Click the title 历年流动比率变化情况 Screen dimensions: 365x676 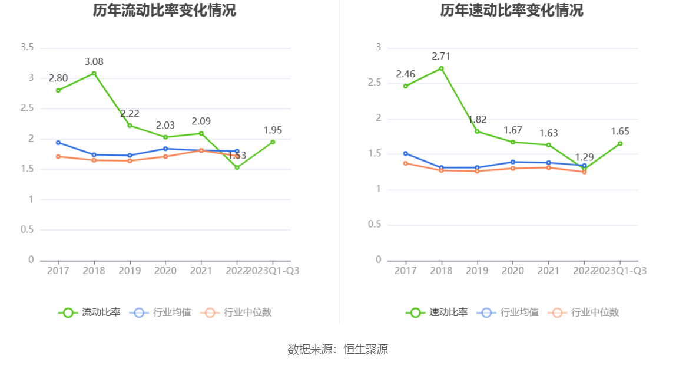pos(164,11)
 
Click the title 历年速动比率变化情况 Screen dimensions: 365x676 pos(512,11)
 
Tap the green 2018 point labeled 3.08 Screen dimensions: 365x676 pos(94,73)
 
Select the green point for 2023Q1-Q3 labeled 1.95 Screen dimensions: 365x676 pos(273,142)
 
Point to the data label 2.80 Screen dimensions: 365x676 pos(58,78)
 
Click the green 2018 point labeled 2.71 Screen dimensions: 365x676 pos(441,68)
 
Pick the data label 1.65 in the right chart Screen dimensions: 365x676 pos(619,131)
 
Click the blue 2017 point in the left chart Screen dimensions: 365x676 pos(58,142)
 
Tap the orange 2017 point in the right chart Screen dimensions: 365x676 pos(406,163)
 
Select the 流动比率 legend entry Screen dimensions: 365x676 pos(90,313)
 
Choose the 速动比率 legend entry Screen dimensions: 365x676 pos(437,313)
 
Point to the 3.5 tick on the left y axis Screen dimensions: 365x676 pos(27,47)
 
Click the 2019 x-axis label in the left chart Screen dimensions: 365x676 pos(130,271)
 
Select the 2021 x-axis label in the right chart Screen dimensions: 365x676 pos(548,271)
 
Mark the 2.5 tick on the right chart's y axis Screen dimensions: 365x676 pos(375,83)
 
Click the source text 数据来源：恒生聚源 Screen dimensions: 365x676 pos(338,349)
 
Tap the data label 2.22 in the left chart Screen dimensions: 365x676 pos(130,114)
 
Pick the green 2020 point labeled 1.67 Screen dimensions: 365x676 pos(512,142)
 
